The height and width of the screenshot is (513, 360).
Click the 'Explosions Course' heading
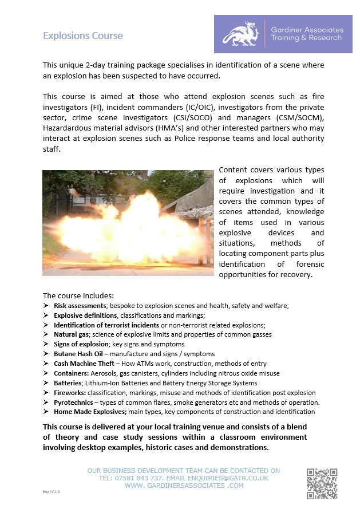[x=83, y=35]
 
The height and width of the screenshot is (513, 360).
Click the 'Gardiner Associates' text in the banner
[x=307, y=29]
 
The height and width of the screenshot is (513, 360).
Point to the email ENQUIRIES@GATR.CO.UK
[x=227, y=478]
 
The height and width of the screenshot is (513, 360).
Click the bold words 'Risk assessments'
[x=85, y=305]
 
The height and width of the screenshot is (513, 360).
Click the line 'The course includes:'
[x=78, y=295]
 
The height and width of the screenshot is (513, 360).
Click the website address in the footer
[x=184, y=486]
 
